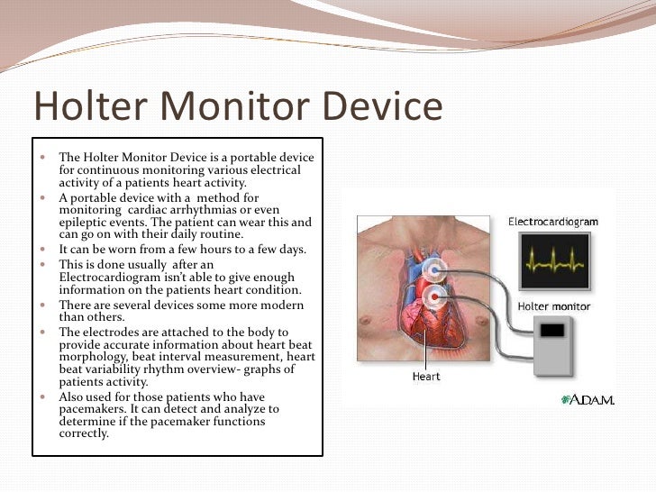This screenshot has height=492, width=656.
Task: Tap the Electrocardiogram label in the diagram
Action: pyautogui.click(x=552, y=221)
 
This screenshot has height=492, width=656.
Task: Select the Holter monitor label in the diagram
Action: pyautogui.click(x=553, y=307)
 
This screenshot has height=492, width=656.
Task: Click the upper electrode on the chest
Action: pyautogui.click(x=437, y=268)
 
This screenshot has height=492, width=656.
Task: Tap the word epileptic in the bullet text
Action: pyautogui.click(x=83, y=222)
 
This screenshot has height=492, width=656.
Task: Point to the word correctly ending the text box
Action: pyautogui.click(x=84, y=433)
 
